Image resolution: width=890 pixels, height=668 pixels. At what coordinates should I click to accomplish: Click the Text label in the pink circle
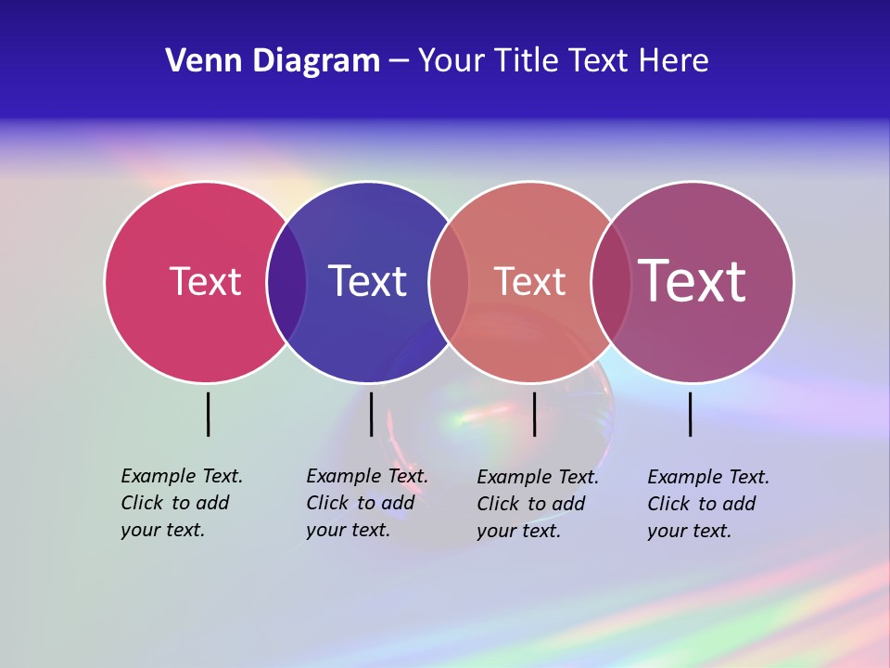pyautogui.click(x=205, y=281)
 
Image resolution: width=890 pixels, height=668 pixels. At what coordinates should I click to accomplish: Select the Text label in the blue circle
pyautogui.click(x=367, y=281)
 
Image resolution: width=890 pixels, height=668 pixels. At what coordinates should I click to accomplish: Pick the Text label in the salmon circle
pyautogui.click(x=529, y=281)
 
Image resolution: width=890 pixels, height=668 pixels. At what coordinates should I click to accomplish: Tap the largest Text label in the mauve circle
pyautogui.click(x=693, y=280)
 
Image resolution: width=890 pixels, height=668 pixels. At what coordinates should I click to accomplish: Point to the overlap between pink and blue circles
pyautogui.click(x=286, y=282)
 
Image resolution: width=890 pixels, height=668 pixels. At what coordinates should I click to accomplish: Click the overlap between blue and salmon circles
pyautogui.click(x=449, y=282)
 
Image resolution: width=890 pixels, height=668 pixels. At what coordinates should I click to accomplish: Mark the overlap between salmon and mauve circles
pyautogui.click(x=611, y=282)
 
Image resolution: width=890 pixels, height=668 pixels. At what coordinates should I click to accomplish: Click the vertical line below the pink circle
pyautogui.click(x=208, y=414)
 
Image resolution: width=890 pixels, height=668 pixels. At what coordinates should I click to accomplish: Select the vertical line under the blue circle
pyautogui.click(x=371, y=414)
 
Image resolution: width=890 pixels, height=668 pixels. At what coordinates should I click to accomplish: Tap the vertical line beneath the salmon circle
pyautogui.click(x=534, y=414)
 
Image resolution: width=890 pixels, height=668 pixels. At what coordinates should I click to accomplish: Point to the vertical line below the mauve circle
pyautogui.click(x=690, y=414)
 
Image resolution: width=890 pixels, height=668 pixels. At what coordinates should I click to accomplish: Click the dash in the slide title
pyautogui.click(x=399, y=62)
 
